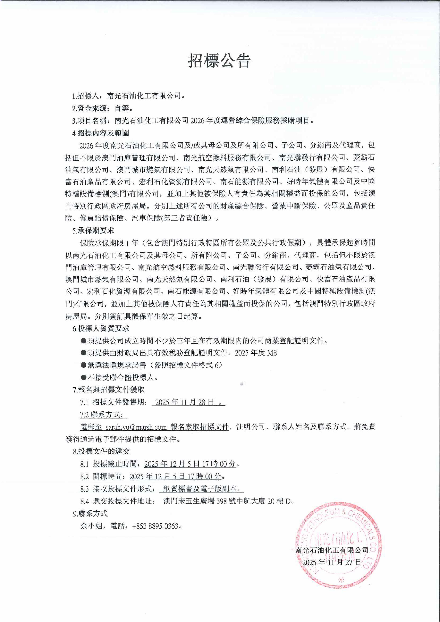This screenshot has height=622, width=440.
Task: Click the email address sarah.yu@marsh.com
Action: [136, 427]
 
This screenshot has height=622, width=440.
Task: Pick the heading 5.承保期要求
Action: [93, 231]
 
